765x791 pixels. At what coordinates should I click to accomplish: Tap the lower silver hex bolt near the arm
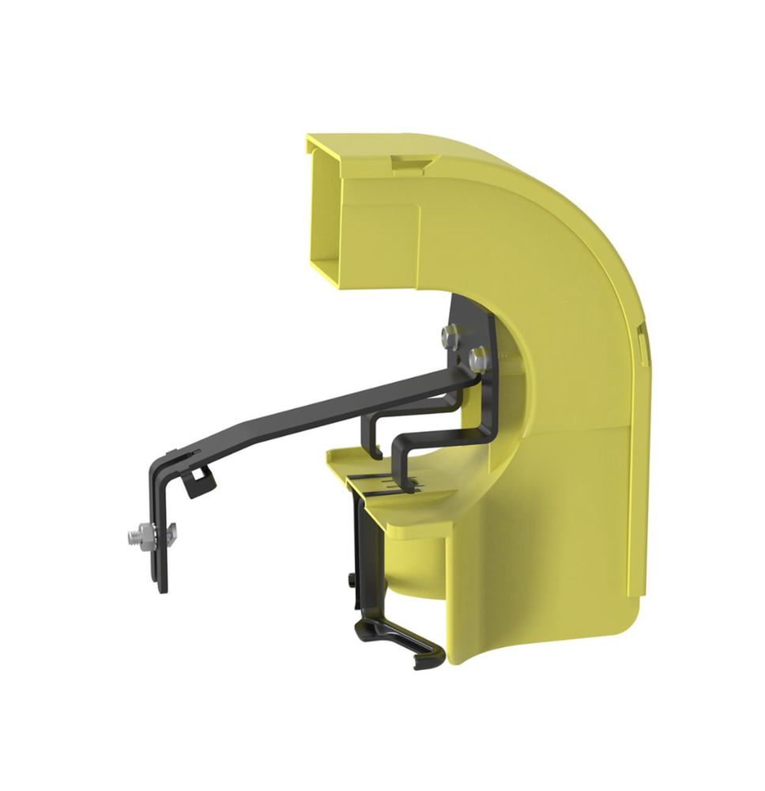click(x=477, y=360)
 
